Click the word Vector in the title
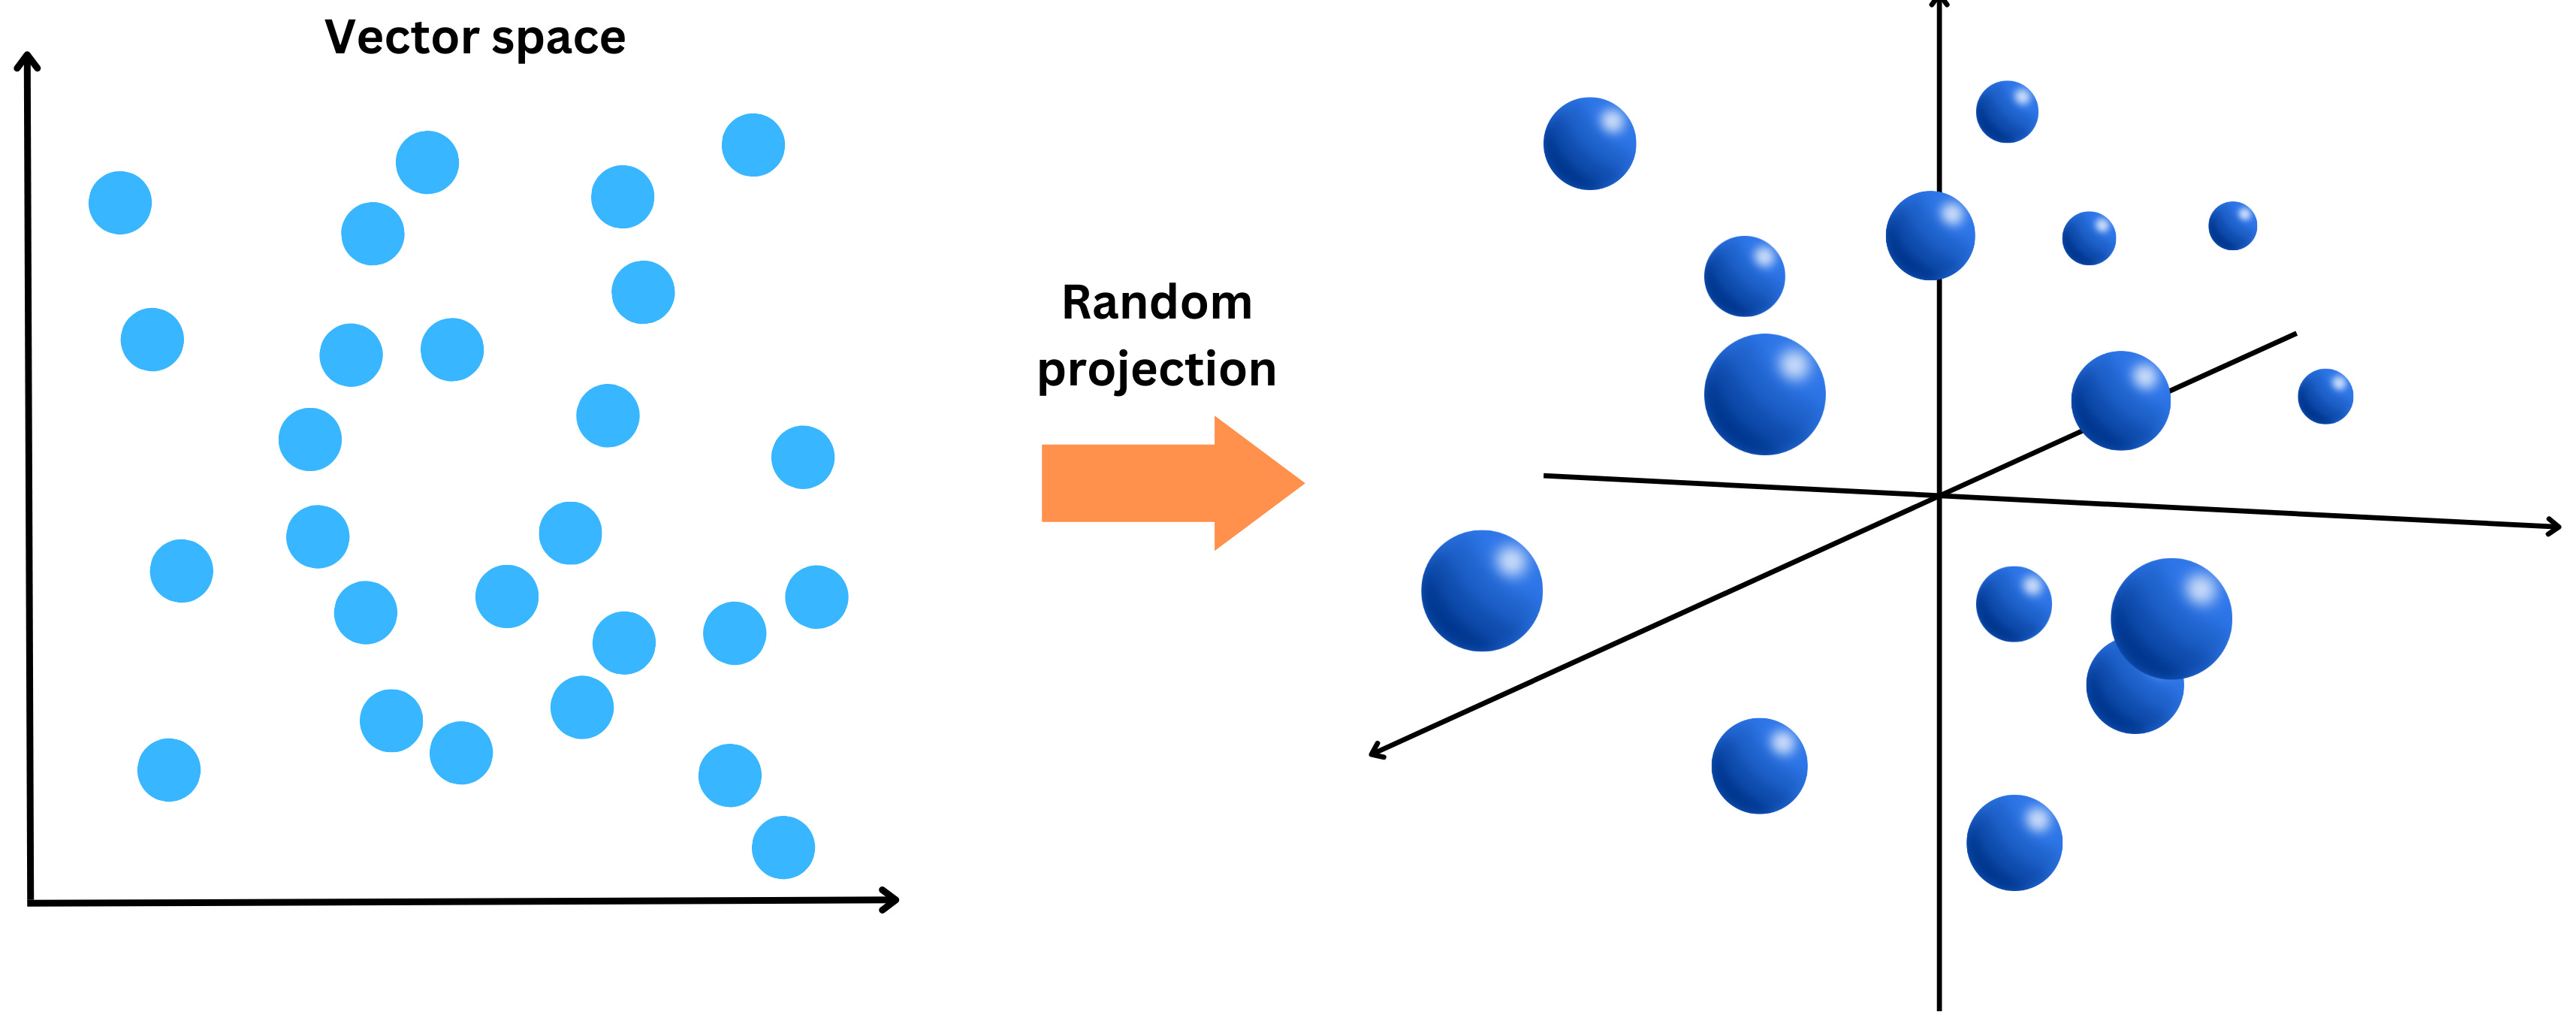[403, 38]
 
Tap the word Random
[1156, 303]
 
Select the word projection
[1156, 370]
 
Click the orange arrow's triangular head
[1257, 483]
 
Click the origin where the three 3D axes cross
[1939, 495]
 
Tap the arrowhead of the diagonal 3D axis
[1377, 751]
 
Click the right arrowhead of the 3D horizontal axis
[2552, 526]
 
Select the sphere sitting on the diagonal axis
[2120, 400]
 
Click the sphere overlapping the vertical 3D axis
[1929, 236]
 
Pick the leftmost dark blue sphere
[1480, 591]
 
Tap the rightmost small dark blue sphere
[2325, 397]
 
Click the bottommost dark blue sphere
[2014, 843]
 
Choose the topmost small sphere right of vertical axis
[2006, 111]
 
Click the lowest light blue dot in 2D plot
[783, 847]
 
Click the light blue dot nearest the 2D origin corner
[168, 770]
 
